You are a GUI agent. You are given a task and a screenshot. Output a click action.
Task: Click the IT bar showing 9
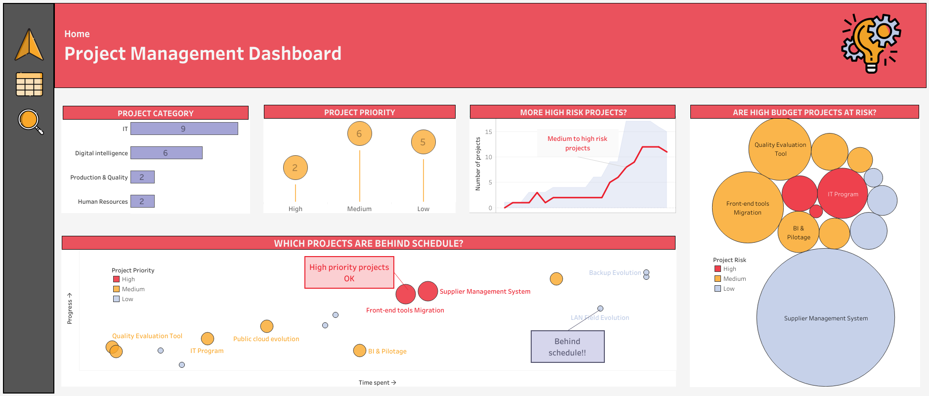coord(184,129)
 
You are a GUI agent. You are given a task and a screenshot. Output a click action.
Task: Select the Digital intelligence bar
coord(166,153)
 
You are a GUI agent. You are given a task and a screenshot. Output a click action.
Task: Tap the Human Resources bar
coord(142,201)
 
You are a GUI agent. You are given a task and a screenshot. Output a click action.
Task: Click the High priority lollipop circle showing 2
coord(296,168)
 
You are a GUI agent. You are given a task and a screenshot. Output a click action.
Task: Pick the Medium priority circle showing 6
coord(360,133)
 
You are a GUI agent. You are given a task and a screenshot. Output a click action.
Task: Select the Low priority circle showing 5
coord(423,142)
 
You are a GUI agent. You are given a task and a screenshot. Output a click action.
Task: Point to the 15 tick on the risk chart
coord(489,132)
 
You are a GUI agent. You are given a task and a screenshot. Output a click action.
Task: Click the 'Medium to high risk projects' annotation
coord(577,143)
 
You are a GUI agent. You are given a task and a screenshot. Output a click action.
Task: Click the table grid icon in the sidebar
coord(30,84)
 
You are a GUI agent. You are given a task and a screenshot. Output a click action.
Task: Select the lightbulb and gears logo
coord(871,44)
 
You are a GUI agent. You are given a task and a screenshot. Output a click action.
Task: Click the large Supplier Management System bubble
coord(826,317)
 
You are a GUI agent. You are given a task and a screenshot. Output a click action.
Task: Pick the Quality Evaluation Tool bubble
coord(780,149)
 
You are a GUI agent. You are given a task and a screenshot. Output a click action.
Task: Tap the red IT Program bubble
coord(843,193)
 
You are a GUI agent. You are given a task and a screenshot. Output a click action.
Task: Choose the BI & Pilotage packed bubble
coord(799,232)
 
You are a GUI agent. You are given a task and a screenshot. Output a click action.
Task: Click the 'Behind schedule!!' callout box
coord(568,347)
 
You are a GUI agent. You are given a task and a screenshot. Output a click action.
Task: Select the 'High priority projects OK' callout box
coord(349,272)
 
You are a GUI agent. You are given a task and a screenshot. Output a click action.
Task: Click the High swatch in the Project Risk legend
coord(718,269)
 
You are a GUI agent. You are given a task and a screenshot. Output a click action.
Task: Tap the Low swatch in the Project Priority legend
coord(117,299)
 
